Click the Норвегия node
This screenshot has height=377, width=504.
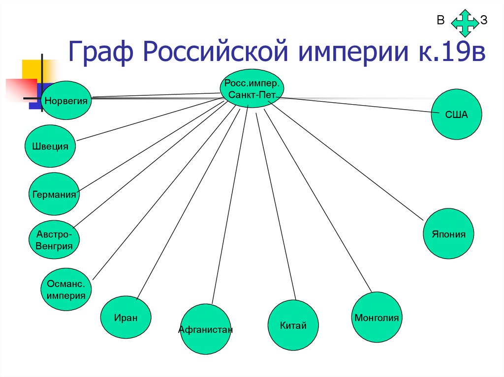[x=66, y=101]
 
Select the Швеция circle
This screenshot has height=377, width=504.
[x=50, y=146]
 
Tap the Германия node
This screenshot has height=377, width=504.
[x=54, y=194]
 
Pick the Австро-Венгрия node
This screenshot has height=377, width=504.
[x=54, y=238]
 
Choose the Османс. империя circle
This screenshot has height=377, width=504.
[x=66, y=290]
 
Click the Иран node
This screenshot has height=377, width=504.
[x=126, y=317]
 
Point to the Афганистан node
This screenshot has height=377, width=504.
[x=205, y=329]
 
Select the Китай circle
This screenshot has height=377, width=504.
[x=293, y=325]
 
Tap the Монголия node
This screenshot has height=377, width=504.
[x=377, y=317]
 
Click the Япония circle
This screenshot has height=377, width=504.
[x=449, y=234]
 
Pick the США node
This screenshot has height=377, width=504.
[x=456, y=114]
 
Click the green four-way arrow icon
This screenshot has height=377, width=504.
[x=465, y=22]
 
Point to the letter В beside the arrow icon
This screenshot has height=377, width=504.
[x=440, y=20]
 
